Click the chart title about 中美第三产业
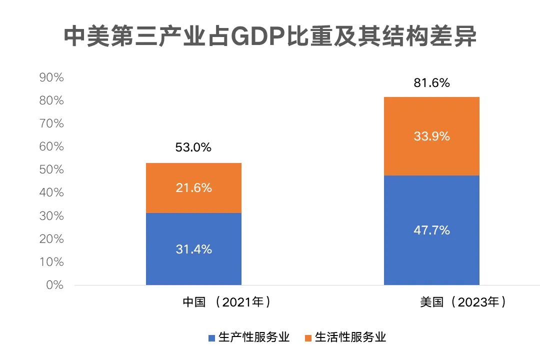click(x=270, y=37)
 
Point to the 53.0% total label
click(x=193, y=147)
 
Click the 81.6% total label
click(x=431, y=83)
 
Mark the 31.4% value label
click(x=193, y=249)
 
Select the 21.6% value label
click(x=193, y=188)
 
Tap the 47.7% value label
click(x=431, y=230)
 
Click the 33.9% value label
click(x=431, y=136)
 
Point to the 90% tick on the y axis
click(x=51, y=77)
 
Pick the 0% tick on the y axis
click(x=54, y=285)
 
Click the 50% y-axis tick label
click(x=51, y=169)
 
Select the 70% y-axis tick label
click(x=51, y=123)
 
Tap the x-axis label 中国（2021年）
click(x=227, y=302)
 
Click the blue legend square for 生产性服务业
click(x=212, y=337)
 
